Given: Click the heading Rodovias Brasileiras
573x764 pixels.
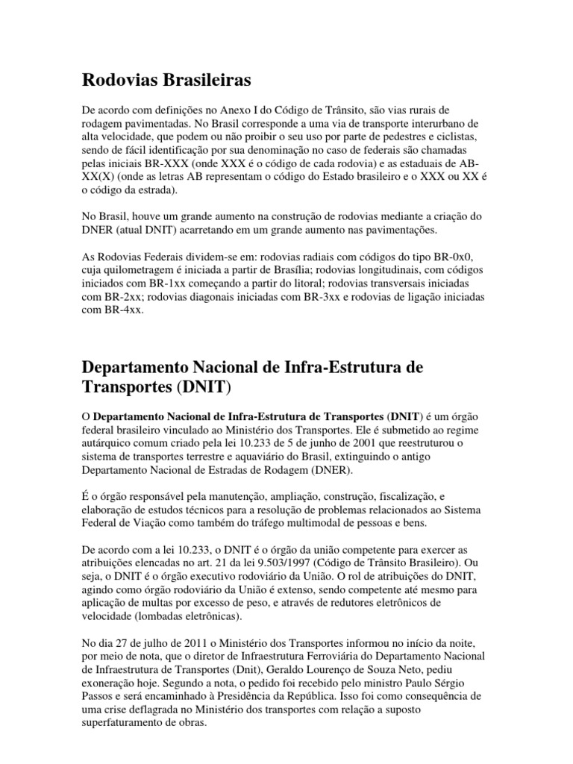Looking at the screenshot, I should coord(166,78).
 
